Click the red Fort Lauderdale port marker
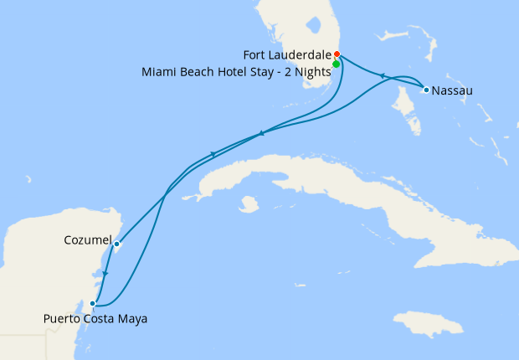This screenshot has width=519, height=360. tap(337, 54)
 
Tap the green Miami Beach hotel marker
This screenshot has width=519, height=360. tap(336, 64)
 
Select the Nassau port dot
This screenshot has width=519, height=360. tap(426, 90)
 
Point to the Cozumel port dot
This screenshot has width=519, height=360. tap(116, 244)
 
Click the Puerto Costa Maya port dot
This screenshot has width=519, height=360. tap(93, 304)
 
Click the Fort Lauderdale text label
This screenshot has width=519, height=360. tap(286, 55)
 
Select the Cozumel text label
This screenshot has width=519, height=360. tap(87, 241)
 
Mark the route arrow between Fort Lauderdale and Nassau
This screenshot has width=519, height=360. tap(382, 76)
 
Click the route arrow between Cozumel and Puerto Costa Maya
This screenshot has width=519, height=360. tap(105, 274)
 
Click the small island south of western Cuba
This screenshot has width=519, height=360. tap(248, 203)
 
